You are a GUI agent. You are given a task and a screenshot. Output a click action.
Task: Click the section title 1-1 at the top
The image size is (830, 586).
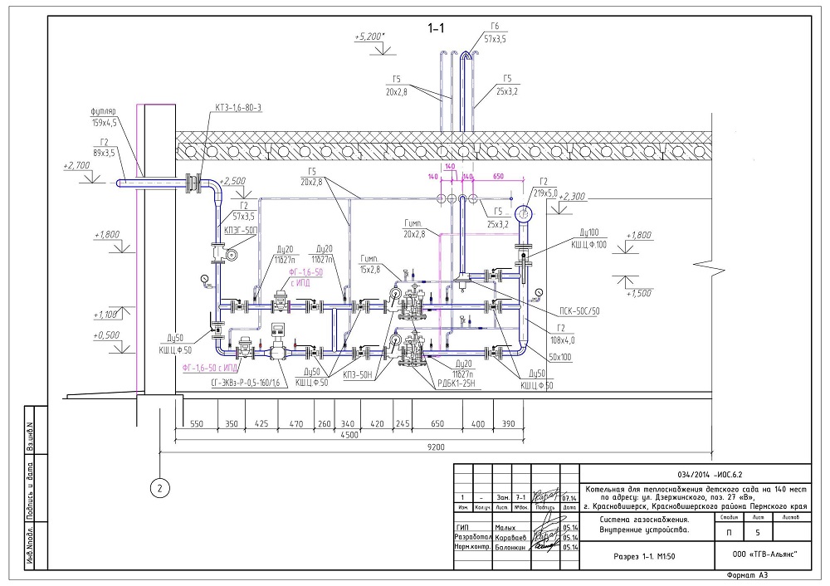(x=437, y=28)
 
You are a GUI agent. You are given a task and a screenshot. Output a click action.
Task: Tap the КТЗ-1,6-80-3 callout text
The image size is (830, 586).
(x=238, y=110)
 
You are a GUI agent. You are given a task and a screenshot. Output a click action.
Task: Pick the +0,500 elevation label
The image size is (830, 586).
(x=109, y=335)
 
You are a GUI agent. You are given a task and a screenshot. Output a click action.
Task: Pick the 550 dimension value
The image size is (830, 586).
(x=197, y=422)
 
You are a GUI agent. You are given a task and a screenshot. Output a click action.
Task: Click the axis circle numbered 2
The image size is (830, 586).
(x=159, y=488)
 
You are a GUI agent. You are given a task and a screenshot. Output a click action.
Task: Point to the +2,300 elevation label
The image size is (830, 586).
(x=574, y=197)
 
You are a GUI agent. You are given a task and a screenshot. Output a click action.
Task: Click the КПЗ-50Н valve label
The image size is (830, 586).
(x=356, y=375)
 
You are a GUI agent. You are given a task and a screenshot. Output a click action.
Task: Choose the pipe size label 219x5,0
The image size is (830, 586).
(x=552, y=192)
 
